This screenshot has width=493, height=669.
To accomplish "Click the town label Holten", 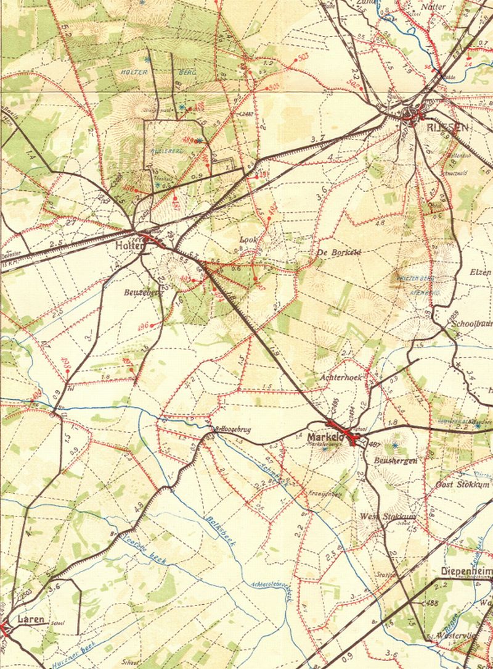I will [128, 245].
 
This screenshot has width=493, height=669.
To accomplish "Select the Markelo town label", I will [321, 438].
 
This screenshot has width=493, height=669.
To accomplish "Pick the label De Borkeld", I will [338, 251].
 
